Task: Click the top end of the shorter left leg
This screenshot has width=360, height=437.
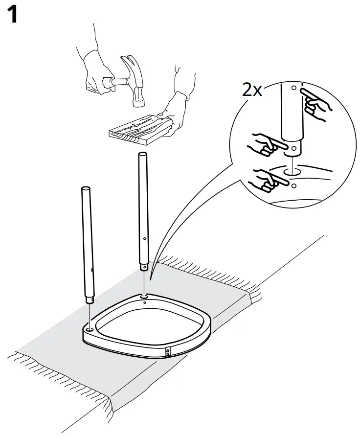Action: [86, 189]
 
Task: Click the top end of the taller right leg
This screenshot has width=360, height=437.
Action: [142, 154]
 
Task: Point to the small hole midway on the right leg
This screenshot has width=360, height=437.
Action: [144, 238]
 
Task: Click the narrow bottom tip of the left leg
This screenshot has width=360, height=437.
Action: [90, 300]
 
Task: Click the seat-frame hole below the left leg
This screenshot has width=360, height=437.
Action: [90, 330]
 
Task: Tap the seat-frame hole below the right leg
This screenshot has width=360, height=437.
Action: [144, 296]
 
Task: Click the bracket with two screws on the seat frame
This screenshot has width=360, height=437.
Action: [168, 352]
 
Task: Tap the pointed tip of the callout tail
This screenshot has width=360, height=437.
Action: [151, 279]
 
